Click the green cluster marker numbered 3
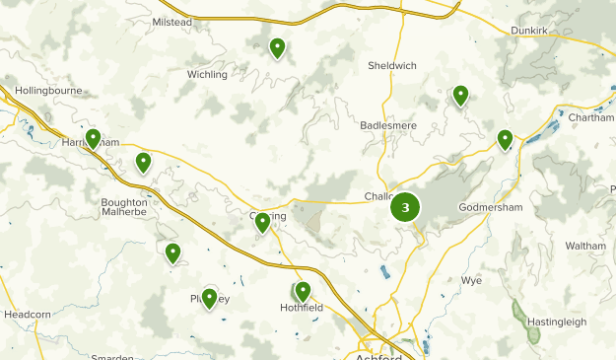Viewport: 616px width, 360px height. tap(405, 207)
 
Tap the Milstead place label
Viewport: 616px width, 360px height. tap(171, 22)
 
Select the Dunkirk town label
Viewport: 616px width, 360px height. tap(528, 31)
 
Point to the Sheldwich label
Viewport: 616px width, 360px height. tap(391, 66)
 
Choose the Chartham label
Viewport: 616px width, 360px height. tap(591, 118)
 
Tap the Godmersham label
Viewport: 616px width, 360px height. tap(488, 207)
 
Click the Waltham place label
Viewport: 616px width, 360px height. tap(585, 246)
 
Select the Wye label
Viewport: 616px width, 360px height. tap(472, 280)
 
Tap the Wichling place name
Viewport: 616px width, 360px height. tap(207, 74)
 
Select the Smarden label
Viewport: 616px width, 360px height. tap(111, 356)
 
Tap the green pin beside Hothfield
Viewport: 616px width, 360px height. tap(303, 290)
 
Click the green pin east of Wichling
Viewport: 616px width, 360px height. tap(278, 46)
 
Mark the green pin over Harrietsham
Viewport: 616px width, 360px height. tap(93, 138)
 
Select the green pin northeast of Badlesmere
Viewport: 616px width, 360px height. tap(460, 95)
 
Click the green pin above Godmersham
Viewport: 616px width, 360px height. tap(505, 139)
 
